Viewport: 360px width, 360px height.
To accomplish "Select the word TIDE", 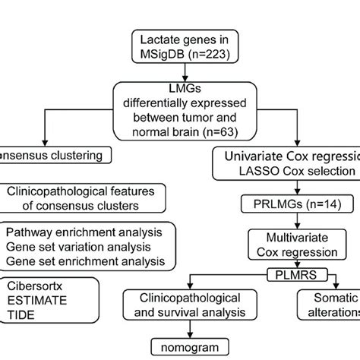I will [22, 317].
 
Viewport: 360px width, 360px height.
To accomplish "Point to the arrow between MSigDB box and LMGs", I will [179, 71].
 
